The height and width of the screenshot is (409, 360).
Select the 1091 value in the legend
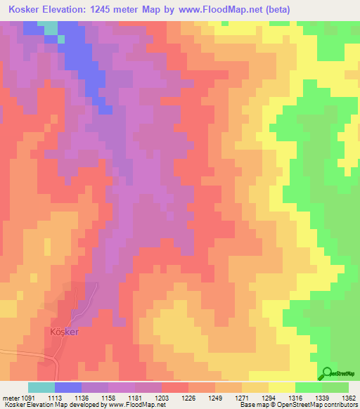(21, 397)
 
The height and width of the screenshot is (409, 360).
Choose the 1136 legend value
(81, 397)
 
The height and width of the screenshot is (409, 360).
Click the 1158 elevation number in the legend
(108, 397)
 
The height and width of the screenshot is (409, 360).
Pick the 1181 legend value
(135, 397)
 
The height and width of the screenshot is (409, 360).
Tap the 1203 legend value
(162, 397)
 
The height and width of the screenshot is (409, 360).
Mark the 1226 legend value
(188, 397)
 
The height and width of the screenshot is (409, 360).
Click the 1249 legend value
(215, 397)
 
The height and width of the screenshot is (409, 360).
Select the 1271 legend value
(242, 397)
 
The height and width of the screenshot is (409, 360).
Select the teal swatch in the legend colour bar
(41, 387)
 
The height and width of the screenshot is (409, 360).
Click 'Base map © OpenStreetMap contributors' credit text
(298, 405)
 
